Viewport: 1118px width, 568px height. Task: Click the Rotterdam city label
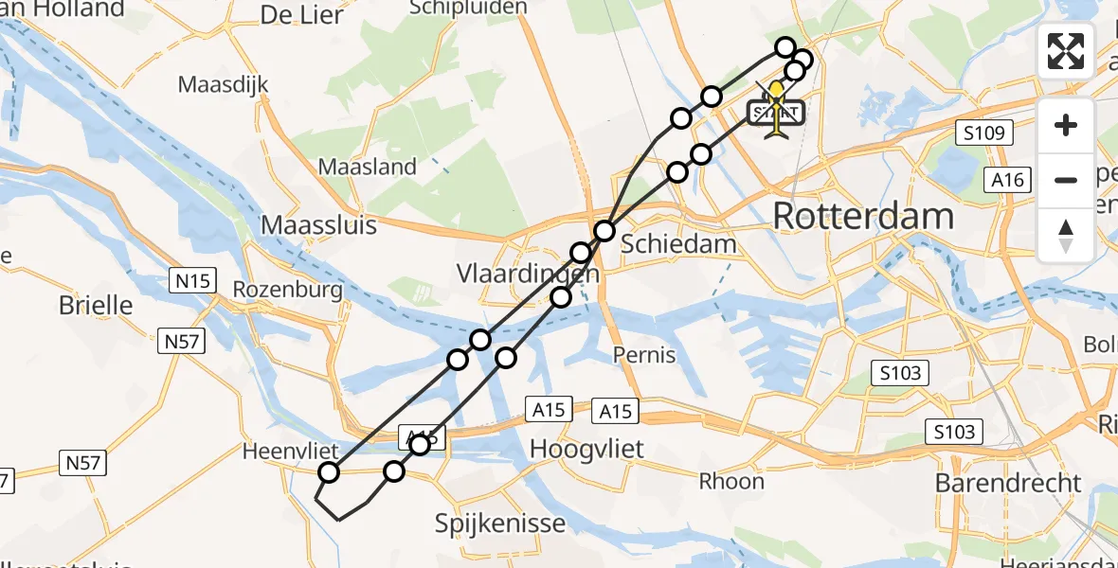[863, 216]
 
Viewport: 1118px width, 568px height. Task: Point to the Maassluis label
[318, 225]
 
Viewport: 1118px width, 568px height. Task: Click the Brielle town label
[96, 305]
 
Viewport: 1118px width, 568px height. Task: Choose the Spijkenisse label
[500, 523]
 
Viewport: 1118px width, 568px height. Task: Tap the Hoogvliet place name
[587, 448]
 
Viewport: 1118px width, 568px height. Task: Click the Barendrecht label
[1007, 482]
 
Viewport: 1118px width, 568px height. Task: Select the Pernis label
[644, 355]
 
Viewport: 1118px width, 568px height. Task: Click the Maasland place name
[367, 167]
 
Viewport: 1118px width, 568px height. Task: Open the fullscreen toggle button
[1066, 51]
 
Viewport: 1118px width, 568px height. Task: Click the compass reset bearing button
[1066, 235]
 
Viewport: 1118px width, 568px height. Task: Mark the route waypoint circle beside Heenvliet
[329, 472]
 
